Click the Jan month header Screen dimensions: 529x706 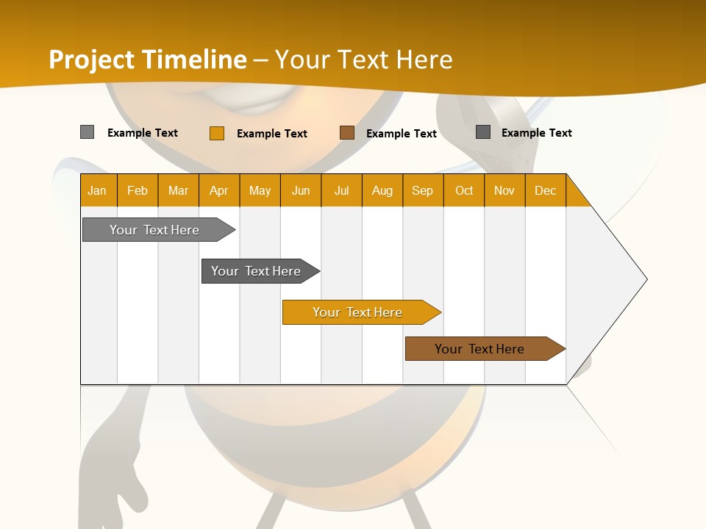click(x=97, y=190)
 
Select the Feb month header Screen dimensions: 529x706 click(x=138, y=190)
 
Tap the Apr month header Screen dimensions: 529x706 click(x=219, y=190)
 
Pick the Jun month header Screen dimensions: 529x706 click(x=301, y=190)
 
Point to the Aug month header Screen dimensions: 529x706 click(x=382, y=190)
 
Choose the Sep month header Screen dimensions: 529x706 click(x=423, y=190)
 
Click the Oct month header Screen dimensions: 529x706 click(x=464, y=190)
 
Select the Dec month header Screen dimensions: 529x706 click(x=546, y=190)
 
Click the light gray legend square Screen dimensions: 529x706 click(x=88, y=132)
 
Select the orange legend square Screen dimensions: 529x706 click(x=217, y=133)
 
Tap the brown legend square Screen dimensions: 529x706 click(x=347, y=133)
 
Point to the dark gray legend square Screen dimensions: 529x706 click(x=483, y=132)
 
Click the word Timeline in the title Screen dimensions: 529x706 click(x=194, y=60)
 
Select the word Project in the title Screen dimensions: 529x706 click(x=91, y=60)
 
